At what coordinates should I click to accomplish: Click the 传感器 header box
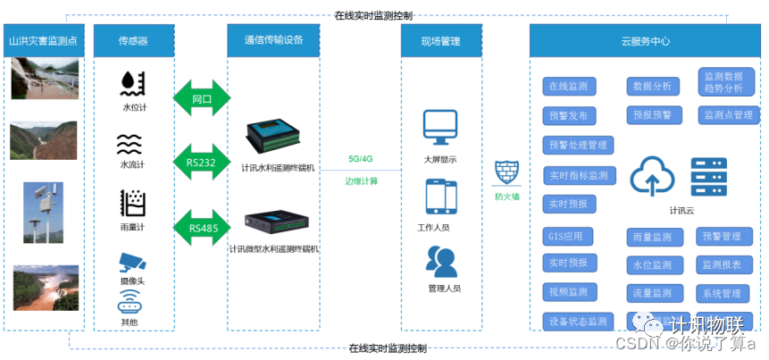133,41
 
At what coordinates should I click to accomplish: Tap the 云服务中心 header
645,41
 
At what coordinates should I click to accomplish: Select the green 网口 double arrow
201,98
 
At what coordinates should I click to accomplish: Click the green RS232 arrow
201,163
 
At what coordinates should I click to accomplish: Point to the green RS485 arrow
201,228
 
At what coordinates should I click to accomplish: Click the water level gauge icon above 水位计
133,84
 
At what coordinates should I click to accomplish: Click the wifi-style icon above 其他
131,300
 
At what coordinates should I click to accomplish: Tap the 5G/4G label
361,159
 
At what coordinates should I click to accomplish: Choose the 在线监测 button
569,87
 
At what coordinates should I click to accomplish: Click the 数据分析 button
652,87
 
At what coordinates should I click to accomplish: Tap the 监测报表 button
722,264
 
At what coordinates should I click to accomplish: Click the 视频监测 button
569,292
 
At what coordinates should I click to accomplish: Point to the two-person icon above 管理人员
441,260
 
